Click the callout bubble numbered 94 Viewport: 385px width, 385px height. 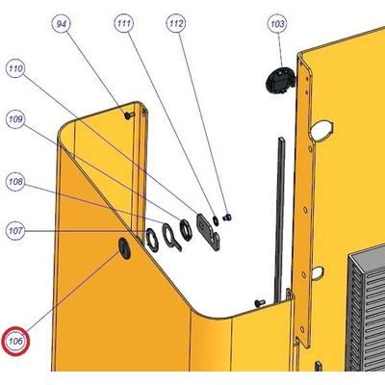tap(62, 24)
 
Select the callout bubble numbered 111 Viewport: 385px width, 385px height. tap(124, 23)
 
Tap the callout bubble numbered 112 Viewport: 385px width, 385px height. tap(176, 23)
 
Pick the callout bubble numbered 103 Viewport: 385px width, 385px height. tap(277, 24)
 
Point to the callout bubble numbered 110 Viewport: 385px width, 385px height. tap(15, 68)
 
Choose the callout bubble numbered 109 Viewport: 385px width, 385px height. tap(15, 119)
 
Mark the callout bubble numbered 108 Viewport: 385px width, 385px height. tap(15, 182)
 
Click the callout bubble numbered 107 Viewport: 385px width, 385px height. tap(15, 231)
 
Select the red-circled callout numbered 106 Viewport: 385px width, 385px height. tap(15, 341)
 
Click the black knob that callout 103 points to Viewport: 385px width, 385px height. tap(280, 80)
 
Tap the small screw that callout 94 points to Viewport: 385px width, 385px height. tap(129, 115)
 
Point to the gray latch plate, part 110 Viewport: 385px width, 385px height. tap(208, 232)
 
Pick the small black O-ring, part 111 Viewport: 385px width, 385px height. tap(216, 219)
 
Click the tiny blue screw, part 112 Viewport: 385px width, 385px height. tap(227, 218)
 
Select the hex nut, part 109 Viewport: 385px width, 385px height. tap(186, 229)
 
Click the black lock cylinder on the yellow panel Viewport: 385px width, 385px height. tap(124, 248)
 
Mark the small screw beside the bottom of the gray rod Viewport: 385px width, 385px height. tap(260, 302)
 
